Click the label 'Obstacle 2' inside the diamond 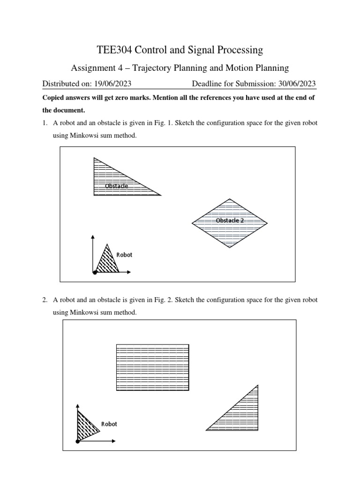230,220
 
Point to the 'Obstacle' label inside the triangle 116,186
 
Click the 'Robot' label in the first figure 124,255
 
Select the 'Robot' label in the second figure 109,424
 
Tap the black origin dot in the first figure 95,272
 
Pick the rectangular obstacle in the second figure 152,367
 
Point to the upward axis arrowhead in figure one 93,237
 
